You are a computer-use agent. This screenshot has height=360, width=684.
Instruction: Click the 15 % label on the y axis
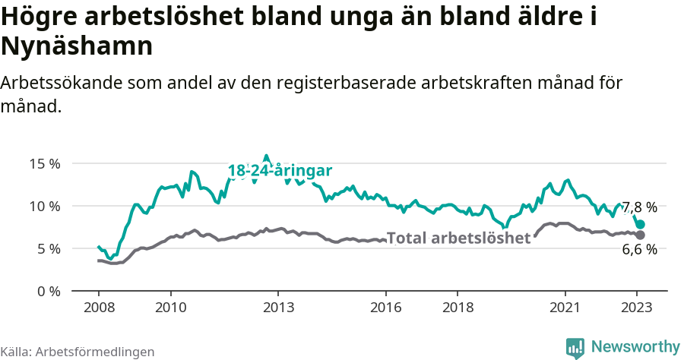[x=44, y=163]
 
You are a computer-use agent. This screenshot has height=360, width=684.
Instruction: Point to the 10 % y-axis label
[x=44, y=206]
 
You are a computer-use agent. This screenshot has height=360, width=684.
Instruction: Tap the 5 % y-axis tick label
[x=48, y=248]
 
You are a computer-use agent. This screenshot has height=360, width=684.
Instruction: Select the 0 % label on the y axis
[x=48, y=291]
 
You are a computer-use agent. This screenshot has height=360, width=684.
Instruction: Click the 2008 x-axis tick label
[x=99, y=308]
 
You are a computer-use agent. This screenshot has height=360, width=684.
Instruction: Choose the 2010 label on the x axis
[x=170, y=308]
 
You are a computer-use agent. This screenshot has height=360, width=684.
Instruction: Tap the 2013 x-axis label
[x=278, y=308]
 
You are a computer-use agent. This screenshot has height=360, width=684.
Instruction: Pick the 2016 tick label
[x=386, y=308]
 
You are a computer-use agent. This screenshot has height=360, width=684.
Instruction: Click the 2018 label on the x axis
[x=458, y=308]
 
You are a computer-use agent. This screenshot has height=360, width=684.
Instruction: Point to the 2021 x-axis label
[x=565, y=308]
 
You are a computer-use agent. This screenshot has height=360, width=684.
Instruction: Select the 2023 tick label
[x=637, y=308]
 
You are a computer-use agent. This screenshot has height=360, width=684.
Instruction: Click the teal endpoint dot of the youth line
[x=641, y=225]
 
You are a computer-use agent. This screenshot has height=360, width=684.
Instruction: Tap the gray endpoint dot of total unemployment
[x=641, y=235]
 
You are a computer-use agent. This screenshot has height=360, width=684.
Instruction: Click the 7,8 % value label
[x=639, y=207]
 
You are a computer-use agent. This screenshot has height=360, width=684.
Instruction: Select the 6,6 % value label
[x=639, y=250]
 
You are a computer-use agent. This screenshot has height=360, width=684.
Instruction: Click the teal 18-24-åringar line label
[x=280, y=172]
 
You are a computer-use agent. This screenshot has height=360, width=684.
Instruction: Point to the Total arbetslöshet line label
[x=458, y=238]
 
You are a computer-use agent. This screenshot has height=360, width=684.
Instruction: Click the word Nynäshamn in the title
[x=78, y=46]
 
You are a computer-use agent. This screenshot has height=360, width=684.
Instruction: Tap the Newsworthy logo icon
[x=575, y=347]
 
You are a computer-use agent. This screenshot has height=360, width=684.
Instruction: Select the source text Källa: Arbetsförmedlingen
[x=78, y=352]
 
